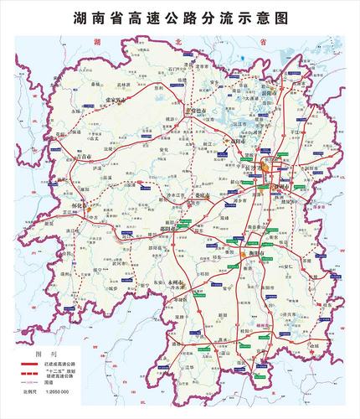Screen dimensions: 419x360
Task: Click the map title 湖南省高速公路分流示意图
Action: (x=180, y=16)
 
